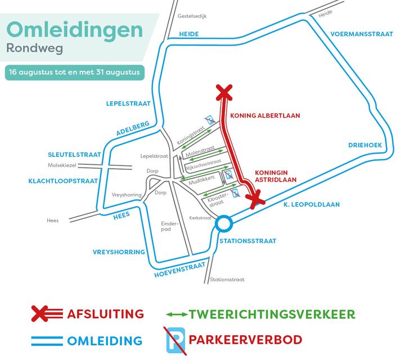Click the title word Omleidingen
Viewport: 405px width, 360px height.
pos(74,30)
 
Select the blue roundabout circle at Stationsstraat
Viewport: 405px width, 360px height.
pos(224,224)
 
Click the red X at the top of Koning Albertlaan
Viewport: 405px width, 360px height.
pos(224,92)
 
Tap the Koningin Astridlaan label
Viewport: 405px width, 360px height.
pos(275,176)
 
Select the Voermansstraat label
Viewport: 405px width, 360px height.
pos(361,34)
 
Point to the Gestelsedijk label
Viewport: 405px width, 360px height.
pos(192,16)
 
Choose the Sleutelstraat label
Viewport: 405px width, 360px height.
pos(74,155)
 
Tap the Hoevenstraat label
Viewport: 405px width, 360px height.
pos(179,271)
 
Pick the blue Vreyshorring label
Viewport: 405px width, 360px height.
pos(119,252)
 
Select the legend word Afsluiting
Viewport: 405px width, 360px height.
pos(106,313)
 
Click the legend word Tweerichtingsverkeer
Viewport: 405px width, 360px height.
pos(272,313)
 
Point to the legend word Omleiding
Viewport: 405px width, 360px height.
pos(105,340)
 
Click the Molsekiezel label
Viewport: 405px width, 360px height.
pos(62,165)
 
